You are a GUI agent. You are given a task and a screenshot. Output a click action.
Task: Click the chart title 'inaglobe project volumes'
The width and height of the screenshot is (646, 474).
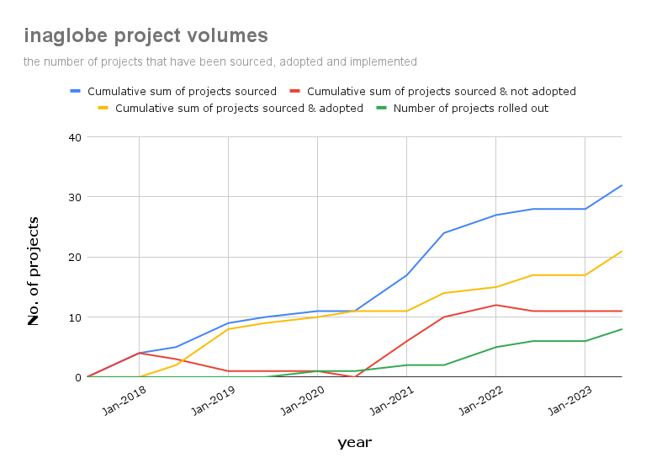pyautogui.click(x=146, y=35)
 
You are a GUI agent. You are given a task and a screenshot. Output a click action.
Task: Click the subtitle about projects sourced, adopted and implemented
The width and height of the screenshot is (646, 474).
pyautogui.click(x=220, y=61)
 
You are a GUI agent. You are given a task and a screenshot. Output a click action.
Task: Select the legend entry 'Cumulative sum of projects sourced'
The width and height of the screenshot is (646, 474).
pyautogui.click(x=182, y=91)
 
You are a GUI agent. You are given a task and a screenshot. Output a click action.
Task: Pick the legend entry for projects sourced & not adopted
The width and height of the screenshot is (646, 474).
pyautogui.click(x=441, y=91)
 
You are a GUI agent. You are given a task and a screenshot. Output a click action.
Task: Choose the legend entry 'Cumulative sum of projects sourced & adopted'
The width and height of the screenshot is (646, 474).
pyautogui.click(x=239, y=108)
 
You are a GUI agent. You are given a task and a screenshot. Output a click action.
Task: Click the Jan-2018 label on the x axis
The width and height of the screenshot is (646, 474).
pyautogui.click(x=122, y=402)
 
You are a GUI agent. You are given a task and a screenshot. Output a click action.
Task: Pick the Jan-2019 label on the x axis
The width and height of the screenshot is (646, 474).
pyautogui.click(x=211, y=402)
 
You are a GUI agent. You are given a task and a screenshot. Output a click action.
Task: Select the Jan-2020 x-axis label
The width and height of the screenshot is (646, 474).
pyautogui.click(x=300, y=402)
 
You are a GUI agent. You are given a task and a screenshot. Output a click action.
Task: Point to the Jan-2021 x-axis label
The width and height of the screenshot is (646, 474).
pyautogui.click(x=389, y=402)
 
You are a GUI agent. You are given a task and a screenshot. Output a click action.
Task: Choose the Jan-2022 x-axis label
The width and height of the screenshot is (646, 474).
pyautogui.click(x=479, y=402)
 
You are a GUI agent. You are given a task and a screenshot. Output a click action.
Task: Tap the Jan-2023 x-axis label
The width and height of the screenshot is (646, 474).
pyautogui.click(x=568, y=402)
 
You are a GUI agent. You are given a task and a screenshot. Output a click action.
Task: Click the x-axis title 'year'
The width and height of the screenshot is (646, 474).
pyautogui.click(x=354, y=443)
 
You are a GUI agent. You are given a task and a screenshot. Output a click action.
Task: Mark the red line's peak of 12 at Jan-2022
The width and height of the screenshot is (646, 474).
pyautogui.click(x=495, y=305)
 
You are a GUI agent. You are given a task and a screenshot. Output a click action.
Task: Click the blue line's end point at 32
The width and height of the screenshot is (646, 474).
pyautogui.click(x=622, y=185)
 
